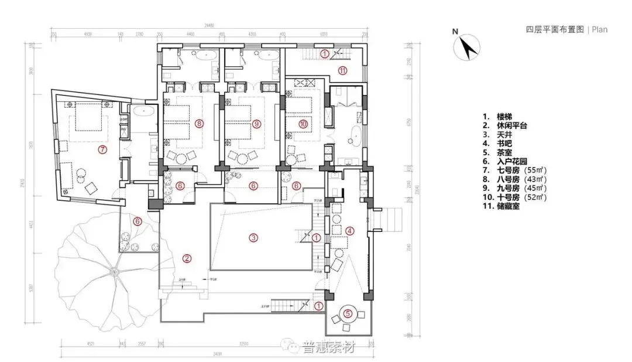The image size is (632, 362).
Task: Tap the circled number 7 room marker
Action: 102,149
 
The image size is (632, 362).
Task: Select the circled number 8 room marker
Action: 200,124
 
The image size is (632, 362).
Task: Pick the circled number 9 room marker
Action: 256,124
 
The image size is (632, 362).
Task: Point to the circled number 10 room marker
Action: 303,124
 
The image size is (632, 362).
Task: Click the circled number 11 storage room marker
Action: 343,71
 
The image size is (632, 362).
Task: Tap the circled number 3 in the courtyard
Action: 253,237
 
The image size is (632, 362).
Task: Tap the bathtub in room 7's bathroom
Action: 141,111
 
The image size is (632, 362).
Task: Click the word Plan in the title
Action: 599,29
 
